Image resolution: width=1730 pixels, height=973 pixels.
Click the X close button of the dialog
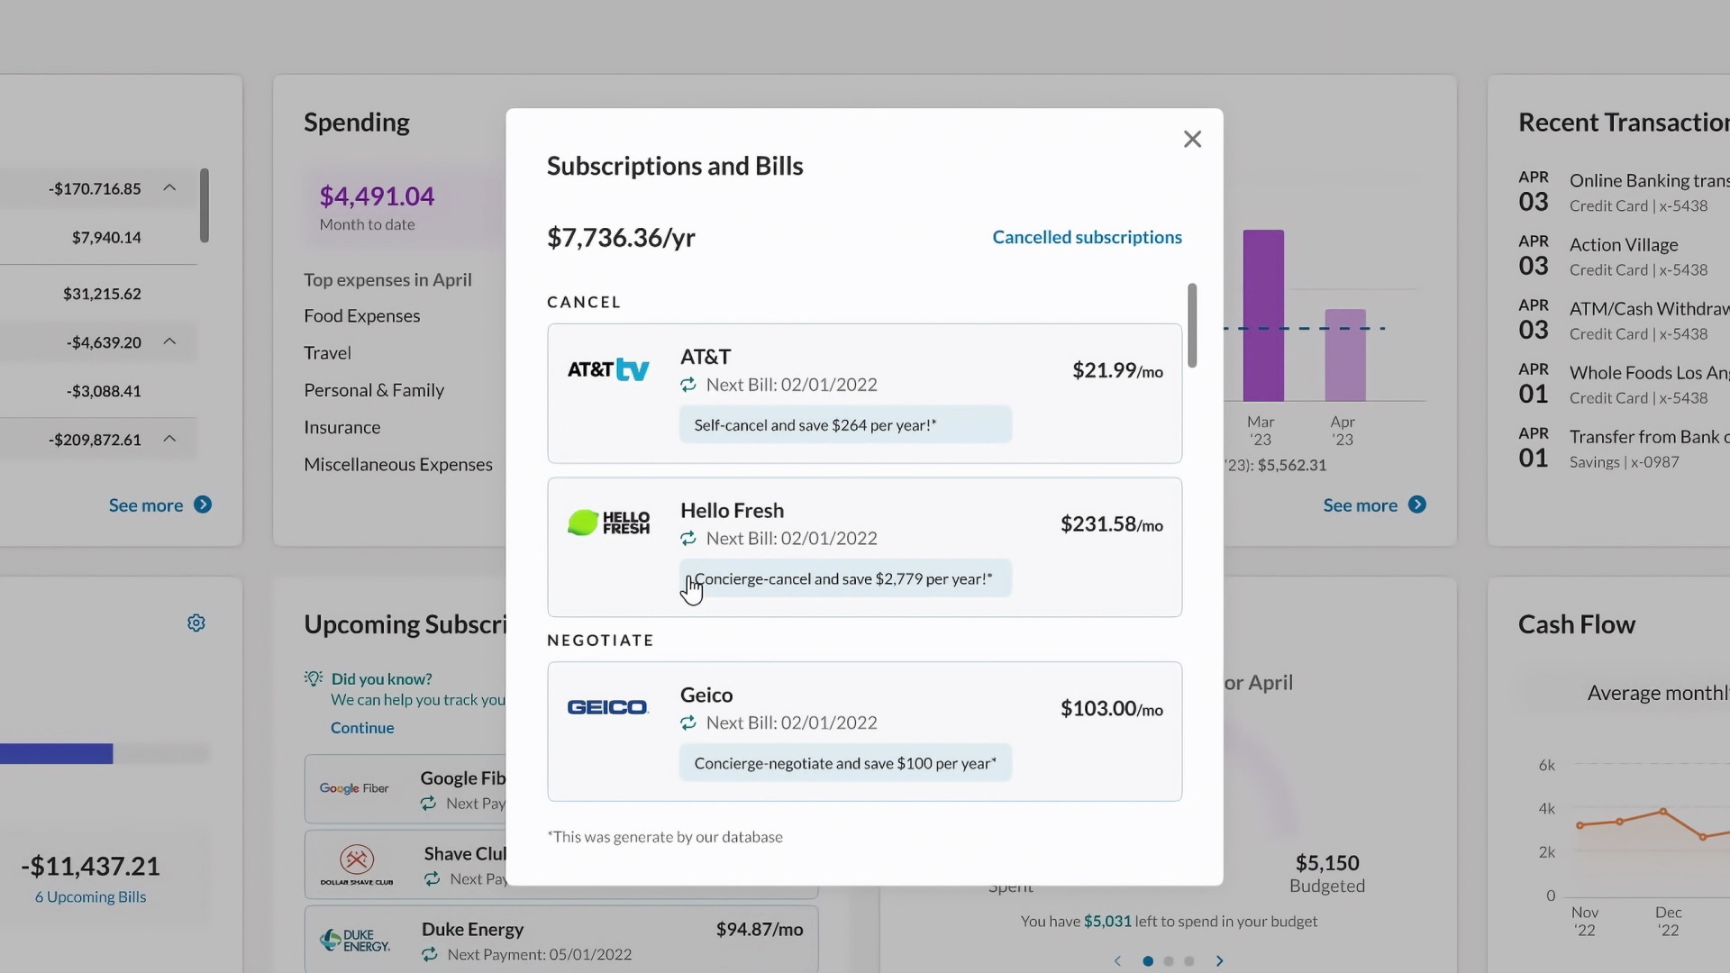1192,139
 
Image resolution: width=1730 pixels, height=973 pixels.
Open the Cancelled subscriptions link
1087,237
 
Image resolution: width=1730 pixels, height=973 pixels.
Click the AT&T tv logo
608,369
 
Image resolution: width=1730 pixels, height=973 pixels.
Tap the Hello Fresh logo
608,523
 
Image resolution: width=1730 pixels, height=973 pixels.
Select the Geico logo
608,707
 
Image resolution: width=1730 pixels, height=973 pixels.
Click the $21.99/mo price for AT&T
1116,370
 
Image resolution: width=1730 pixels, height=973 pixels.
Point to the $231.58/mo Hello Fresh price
1111,524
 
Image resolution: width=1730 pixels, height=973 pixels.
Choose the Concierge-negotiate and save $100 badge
844,763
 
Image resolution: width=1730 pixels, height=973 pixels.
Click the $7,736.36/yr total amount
621,238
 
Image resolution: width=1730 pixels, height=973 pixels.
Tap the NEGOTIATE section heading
600,640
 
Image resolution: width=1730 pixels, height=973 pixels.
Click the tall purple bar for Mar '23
1263,315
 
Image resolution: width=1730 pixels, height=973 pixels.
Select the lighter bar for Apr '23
1344,355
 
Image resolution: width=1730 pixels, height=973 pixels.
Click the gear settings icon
196,623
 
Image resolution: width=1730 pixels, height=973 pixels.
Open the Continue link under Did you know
362,727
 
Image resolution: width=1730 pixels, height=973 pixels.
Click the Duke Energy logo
355,941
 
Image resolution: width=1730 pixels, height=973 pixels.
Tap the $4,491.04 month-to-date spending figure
377,196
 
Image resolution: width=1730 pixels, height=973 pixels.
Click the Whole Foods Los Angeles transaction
1648,373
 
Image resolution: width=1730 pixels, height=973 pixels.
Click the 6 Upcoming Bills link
90,896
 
